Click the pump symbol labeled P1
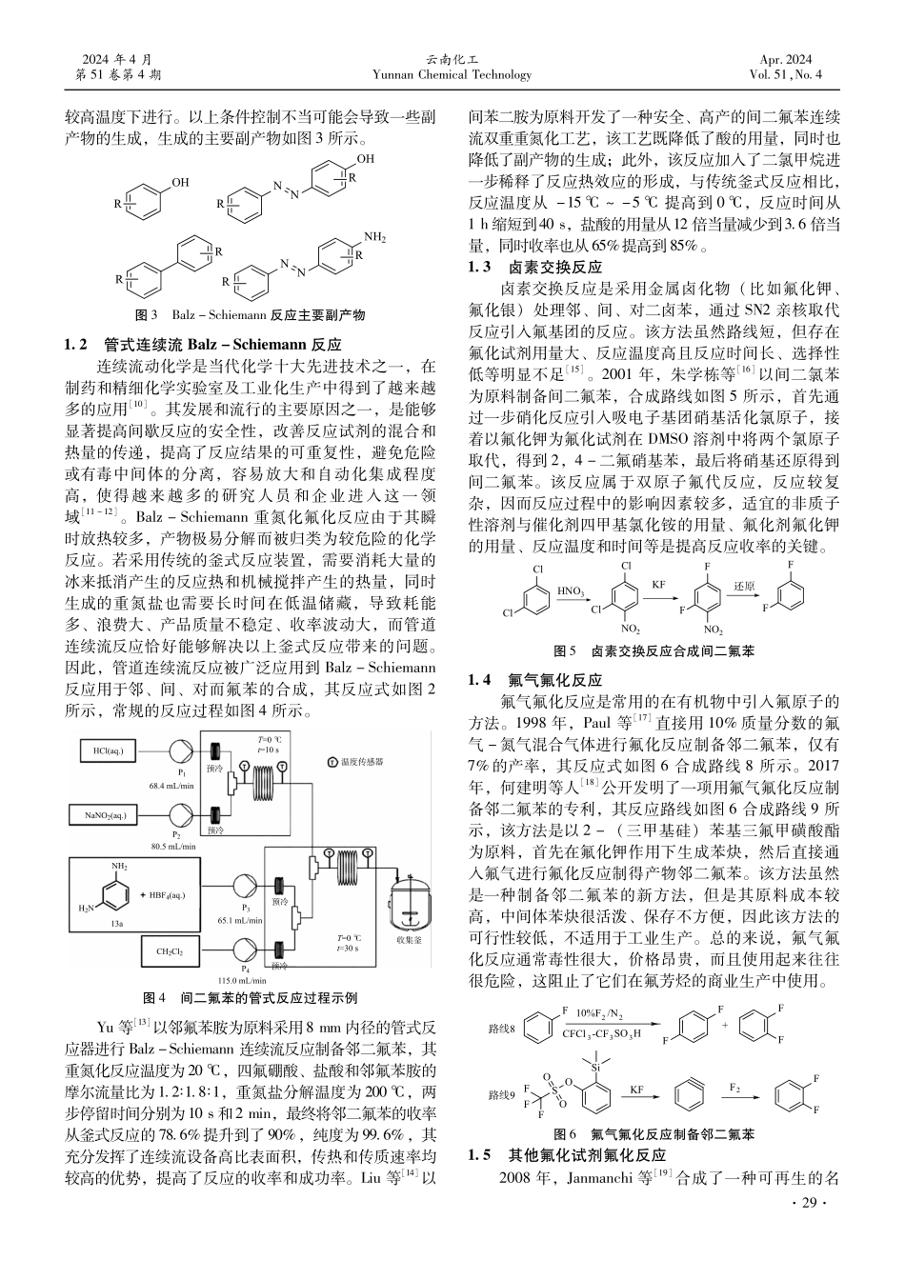181,751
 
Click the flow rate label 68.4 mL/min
171,786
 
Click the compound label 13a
117,923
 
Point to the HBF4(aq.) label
163,894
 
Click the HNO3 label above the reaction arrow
572,591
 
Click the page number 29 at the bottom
804,1205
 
